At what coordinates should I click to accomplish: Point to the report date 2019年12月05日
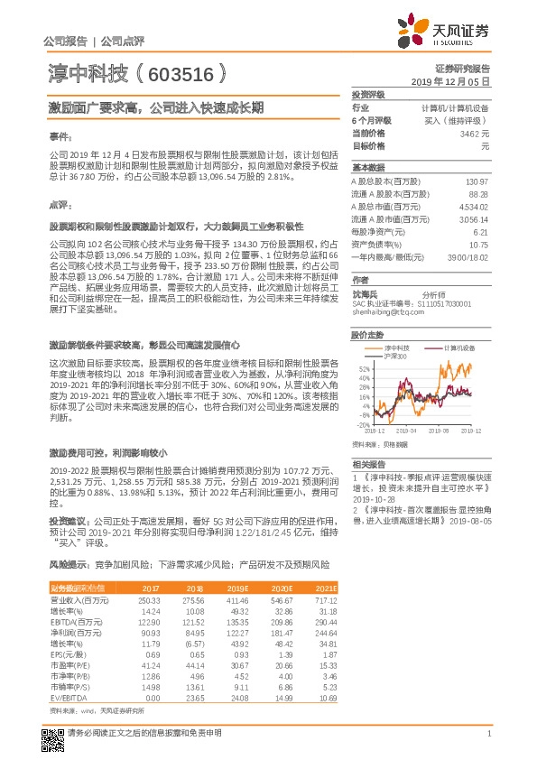[x=457, y=81]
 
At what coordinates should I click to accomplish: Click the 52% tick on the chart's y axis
[x=363, y=369]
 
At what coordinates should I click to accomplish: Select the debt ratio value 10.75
[x=478, y=244]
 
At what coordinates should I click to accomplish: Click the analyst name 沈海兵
[x=365, y=294]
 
